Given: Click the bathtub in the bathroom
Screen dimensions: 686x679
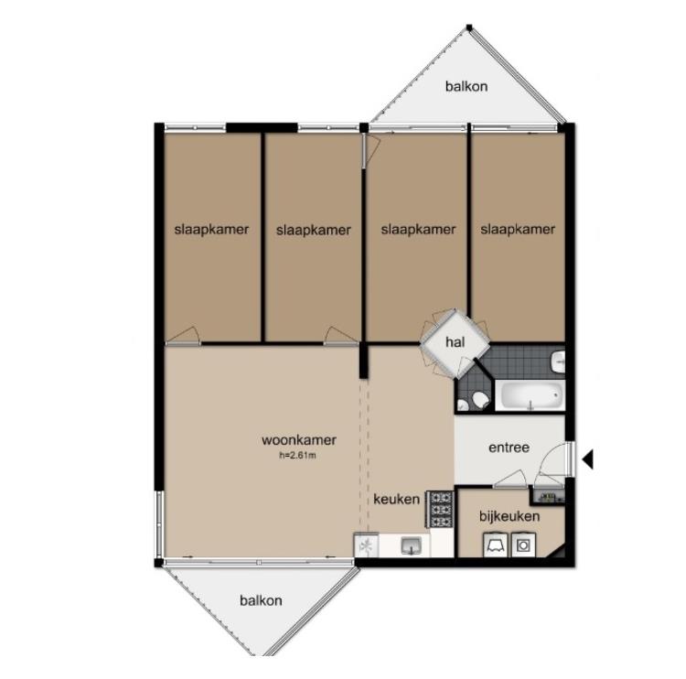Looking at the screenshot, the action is tap(531, 395).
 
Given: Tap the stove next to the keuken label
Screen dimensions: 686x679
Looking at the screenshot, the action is tap(441, 509).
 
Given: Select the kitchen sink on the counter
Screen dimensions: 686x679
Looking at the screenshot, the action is tap(412, 545).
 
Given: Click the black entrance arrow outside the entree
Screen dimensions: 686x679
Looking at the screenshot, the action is tap(587, 459).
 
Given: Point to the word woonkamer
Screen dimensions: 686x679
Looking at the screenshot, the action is tap(299, 440).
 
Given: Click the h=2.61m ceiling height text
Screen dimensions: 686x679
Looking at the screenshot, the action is tap(297, 456).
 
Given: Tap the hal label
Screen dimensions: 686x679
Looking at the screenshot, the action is tap(455, 342).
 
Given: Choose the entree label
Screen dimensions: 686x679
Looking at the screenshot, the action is tap(509, 447).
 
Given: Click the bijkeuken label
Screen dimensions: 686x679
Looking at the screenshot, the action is tap(509, 516).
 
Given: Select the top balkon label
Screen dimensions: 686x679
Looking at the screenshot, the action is tap(466, 86).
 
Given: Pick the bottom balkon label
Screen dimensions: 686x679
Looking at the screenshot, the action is tap(261, 600).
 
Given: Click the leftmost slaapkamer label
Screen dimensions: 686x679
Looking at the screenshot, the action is tap(211, 230).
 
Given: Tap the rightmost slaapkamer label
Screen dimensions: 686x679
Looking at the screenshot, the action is tap(518, 229).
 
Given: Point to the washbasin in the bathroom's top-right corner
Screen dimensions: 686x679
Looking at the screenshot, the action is tap(558, 361).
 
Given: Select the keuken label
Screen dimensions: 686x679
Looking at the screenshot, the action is tap(396, 499).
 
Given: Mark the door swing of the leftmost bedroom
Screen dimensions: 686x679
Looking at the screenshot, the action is tap(184, 336).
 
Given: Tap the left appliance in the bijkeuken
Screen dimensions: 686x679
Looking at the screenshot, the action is tap(496, 544).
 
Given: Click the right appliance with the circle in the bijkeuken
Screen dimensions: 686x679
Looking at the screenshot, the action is tap(523, 544).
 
